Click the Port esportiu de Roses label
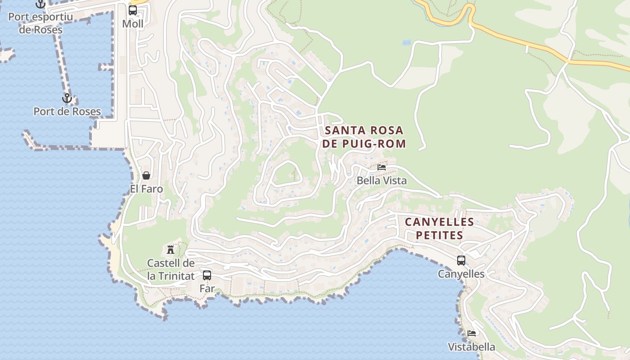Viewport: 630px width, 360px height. tap(40, 23)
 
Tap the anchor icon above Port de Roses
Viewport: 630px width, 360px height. tap(67, 98)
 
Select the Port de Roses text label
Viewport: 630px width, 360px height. tap(67, 111)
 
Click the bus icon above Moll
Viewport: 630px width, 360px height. tap(133, 10)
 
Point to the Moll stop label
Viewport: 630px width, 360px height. tap(133, 24)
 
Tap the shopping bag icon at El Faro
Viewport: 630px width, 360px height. tap(146, 175)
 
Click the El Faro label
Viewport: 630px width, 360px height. tap(146, 189)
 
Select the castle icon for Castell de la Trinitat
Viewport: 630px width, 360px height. tap(171, 249)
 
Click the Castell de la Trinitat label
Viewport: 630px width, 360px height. tap(171, 270)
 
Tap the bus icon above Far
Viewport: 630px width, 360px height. tap(207, 275)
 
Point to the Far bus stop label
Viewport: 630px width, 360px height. tap(207, 288)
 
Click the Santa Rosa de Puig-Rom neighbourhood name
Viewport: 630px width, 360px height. tap(364, 137)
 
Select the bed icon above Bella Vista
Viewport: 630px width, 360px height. tap(382, 167)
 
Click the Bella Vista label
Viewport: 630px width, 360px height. tap(382, 181)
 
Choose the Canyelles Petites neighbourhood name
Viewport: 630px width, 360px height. tap(439, 229)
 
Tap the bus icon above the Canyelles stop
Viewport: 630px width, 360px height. tap(461, 260)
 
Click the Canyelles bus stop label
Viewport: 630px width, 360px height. tap(461, 274)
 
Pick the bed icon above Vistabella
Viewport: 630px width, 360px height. tap(472, 333)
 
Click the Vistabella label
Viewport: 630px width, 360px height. tap(472, 347)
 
